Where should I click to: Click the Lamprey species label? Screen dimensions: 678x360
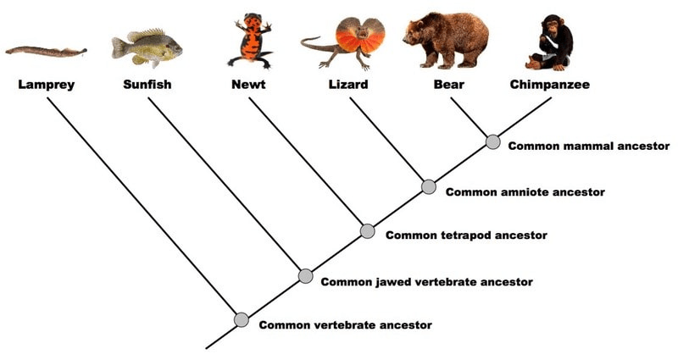click(x=47, y=84)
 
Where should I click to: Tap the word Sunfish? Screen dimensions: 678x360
click(x=147, y=84)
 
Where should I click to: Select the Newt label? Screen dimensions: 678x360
click(x=248, y=84)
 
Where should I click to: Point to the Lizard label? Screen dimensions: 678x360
click(x=348, y=84)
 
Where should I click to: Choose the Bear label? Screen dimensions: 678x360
click(x=449, y=84)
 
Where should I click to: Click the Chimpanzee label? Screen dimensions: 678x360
click(x=549, y=84)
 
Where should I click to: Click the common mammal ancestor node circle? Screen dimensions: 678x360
click(x=493, y=141)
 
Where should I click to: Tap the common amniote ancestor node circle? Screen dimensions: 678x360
click(x=429, y=186)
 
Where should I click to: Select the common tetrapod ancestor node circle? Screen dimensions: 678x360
click(x=367, y=231)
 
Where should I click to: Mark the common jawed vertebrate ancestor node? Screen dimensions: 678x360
click(x=305, y=276)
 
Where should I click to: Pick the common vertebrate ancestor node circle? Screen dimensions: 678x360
click(x=242, y=320)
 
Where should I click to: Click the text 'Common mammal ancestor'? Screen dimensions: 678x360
click(x=588, y=146)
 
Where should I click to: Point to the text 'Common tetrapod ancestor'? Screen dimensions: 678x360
click(x=466, y=235)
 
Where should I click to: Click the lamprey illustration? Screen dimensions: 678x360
click(x=46, y=52)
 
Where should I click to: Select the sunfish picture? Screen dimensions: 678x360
click(x=147, y=47)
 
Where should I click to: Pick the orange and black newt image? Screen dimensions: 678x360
click(x=250, y=41)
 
